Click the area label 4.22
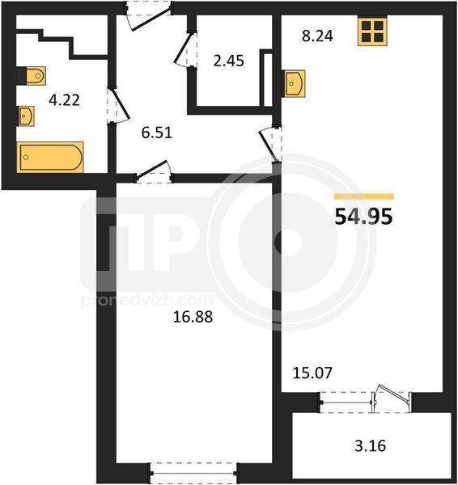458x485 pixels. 65,100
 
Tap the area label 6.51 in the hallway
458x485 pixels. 157,133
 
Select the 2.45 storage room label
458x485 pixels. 228,61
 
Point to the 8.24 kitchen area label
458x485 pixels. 317,36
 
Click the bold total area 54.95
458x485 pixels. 364,217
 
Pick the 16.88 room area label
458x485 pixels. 193,317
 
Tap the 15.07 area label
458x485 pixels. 312,373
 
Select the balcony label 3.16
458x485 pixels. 371,446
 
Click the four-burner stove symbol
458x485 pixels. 372,32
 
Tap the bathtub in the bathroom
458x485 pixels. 50,157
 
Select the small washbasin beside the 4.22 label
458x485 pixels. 27,116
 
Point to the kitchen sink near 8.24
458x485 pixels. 295,83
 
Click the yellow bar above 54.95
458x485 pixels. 364,196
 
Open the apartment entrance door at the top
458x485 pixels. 149,16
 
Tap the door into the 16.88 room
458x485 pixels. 154,172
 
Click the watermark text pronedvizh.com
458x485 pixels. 146,301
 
